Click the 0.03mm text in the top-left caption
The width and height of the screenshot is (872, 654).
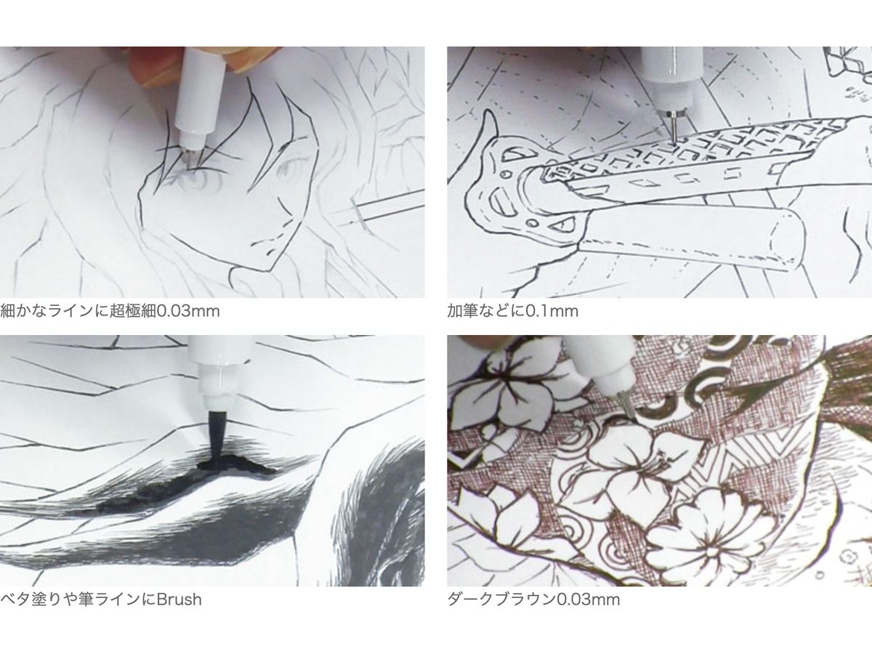pos(188,311)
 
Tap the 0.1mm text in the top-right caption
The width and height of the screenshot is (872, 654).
pos(552,311)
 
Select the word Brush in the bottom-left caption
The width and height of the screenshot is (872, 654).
pos(179,599)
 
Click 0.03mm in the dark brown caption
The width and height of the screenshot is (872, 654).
pos(589,599)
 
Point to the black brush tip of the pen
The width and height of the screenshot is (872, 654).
pos(217,433)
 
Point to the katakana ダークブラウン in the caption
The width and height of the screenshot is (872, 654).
pos(501,599)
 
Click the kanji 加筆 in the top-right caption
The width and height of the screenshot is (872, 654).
pos(462,311)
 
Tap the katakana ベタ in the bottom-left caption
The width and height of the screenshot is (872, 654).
pos(15,599)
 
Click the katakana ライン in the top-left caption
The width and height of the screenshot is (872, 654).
pos(70,311)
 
